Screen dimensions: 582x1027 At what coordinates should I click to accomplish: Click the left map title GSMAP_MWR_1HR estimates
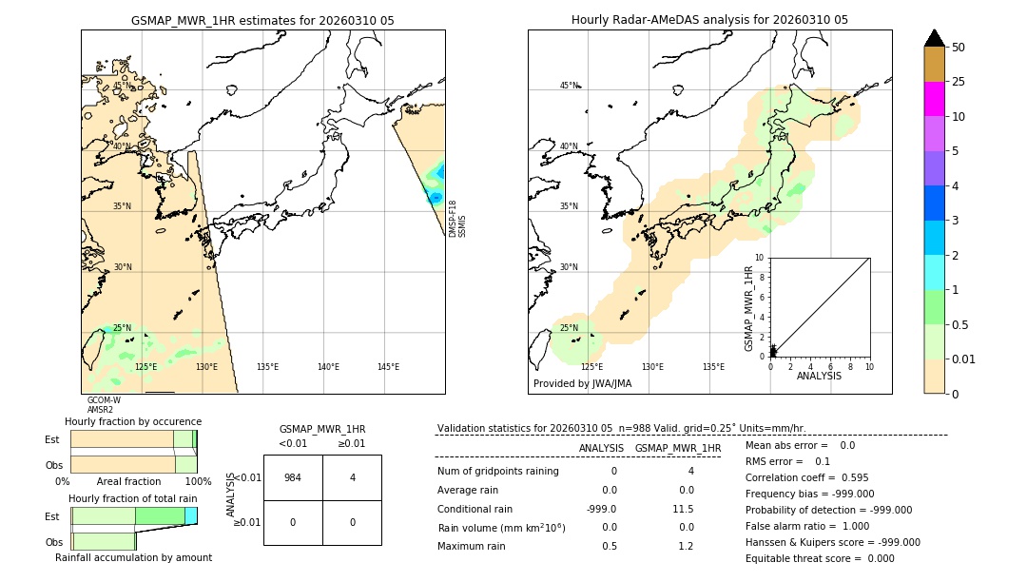click(262, 20)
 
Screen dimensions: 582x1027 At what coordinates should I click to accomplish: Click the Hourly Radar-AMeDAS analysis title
click(709, 20)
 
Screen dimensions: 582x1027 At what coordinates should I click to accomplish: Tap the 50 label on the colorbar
click(959, 48)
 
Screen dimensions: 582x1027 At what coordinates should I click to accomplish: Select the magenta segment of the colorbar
click(934, 99)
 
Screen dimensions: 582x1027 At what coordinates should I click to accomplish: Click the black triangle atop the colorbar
click(934, 38)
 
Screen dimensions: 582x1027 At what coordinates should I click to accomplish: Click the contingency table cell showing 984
click(293, 477)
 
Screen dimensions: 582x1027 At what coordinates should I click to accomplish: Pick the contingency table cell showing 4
click(352, 477)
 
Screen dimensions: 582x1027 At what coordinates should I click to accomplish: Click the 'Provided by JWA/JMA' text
click(582, 384)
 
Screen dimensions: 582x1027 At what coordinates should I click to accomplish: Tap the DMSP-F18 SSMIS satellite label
click(457, 219)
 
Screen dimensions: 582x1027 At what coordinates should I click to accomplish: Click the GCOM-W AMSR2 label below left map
click(104, 405)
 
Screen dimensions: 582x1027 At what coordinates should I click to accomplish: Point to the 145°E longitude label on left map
click(388, 367)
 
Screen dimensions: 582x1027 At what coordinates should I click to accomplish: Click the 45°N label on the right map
click(569, 86)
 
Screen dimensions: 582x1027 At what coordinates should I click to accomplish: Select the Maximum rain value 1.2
click(685, 546)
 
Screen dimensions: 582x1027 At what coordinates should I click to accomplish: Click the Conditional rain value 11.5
click(684, 509)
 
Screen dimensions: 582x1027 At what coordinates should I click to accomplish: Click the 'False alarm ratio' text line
click(806, 526)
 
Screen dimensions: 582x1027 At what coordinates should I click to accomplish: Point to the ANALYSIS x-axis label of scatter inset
click(819, 376)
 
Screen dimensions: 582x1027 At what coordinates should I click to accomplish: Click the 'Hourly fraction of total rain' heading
click(133, 498)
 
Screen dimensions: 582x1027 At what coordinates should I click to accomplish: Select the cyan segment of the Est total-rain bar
click(190, 515)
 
